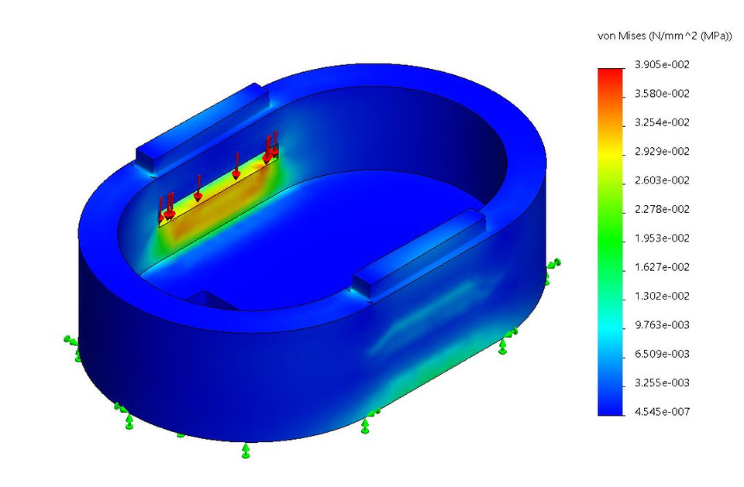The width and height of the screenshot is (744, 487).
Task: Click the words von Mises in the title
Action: [x=619, y=36]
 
